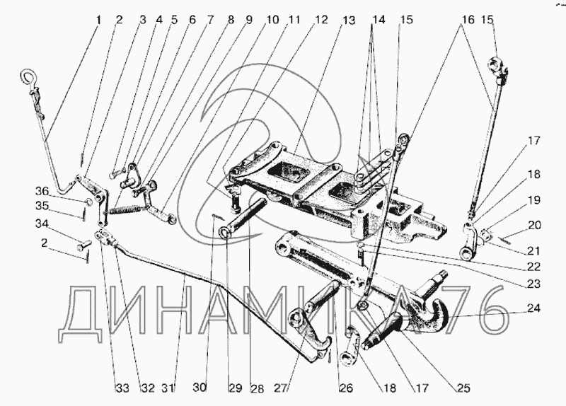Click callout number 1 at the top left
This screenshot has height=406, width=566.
[x=98, y=21]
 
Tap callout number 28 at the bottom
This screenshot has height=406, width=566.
[x=256, y=388]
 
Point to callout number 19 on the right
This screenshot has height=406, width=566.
[x=532, y=200]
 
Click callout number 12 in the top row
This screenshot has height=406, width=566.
[x=322, y=21]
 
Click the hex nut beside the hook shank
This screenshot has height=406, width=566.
[x=361, y=306]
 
